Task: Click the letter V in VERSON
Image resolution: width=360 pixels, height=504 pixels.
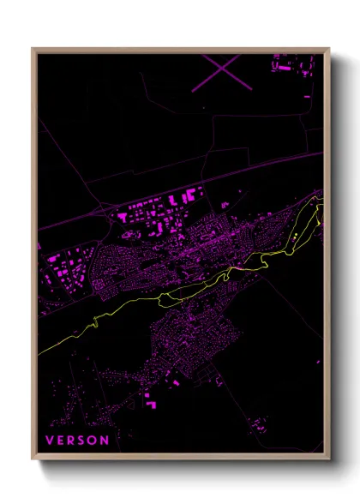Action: click(x=49, y=441)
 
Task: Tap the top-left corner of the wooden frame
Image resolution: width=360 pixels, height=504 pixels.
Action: click(x=33, y=49)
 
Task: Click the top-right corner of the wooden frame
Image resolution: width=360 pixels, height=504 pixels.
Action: click(x=329, y=49)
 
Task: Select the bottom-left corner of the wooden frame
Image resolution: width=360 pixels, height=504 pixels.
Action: click(x=33, y=460)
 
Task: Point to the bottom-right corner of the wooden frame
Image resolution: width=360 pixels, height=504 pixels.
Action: click(x=329, y=460)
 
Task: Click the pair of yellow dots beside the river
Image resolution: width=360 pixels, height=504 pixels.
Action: click(x=293, y=235)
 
